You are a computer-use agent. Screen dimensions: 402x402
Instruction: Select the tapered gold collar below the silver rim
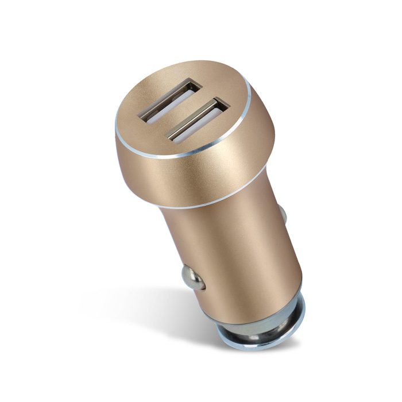201,172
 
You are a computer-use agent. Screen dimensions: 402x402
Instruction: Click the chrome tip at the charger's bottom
253,339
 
